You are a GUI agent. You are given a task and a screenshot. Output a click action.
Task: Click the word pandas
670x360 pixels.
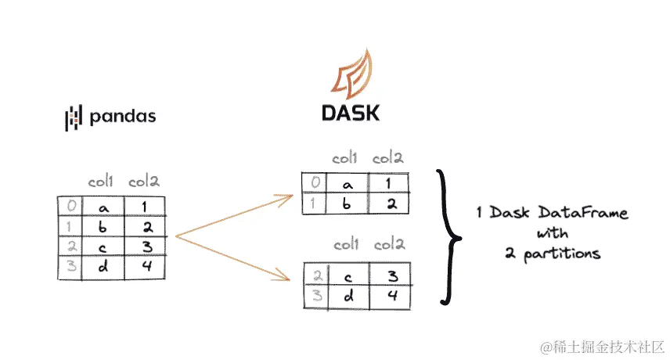[x=123, y=117]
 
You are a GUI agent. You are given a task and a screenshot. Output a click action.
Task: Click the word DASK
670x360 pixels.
[x=351, y=113]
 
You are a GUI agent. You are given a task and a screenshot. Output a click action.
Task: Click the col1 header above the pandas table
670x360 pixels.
[x=102, y=182]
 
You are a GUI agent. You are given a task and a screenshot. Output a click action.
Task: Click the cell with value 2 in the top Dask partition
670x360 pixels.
[x=389, y=203]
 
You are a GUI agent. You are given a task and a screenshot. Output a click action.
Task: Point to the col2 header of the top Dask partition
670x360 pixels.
[x=388, y=159]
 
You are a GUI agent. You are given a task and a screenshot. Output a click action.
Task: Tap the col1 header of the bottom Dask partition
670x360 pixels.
[x=348, y=246]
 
